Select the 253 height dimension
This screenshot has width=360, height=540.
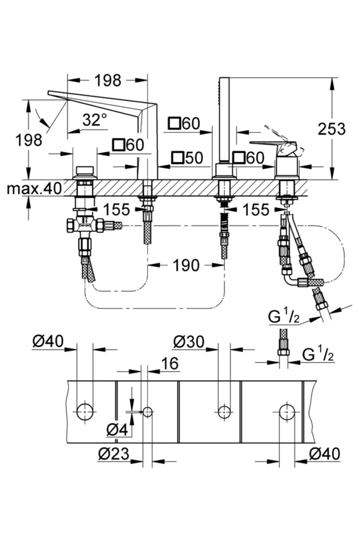tap(332, 129)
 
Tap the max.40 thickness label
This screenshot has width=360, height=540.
tap(34, 188)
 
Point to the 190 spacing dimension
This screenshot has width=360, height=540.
tap(186, 265)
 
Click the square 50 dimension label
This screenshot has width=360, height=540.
tap(187, 158)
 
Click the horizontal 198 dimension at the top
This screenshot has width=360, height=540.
tap(108, 80)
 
